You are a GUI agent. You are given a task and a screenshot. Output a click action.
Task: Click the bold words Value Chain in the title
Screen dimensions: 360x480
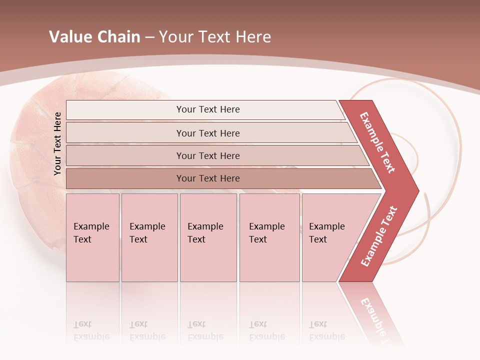(x=94, y=37)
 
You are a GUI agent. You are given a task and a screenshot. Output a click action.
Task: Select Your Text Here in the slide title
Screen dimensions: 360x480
(x=215, y=37)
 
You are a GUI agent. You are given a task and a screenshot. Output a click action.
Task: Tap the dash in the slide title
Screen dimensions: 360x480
(x=149, y=37)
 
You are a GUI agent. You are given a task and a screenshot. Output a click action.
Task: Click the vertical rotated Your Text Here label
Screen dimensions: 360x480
(x=57, y=143)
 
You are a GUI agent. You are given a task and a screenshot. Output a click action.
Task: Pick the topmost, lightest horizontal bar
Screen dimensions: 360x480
(x=207, y=109)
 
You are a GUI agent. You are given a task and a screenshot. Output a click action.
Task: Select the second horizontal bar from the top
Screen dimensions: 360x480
(x=207, y=133)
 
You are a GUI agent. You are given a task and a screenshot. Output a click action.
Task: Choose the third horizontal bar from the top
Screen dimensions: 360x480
(x=207, y=155)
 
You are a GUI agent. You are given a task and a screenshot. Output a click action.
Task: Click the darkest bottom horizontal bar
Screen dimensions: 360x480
(x=207, y=178)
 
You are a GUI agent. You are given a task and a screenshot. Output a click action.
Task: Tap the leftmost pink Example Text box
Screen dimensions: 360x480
(x=92, y=237)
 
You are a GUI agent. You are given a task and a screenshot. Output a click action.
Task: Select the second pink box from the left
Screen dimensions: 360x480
(x=149, y=237)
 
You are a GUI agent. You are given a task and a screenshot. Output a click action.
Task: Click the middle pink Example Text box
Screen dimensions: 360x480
(x=208, y=237)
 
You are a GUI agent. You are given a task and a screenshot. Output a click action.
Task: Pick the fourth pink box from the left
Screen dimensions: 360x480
(x=269, y=237)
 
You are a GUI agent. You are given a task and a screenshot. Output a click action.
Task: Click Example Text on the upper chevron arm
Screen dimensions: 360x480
(x=377, y=142)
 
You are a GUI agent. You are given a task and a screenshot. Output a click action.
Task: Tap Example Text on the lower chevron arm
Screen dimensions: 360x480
(x=379, y=236)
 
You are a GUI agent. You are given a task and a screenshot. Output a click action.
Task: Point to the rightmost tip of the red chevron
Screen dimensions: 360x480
(x=417, y=190)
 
